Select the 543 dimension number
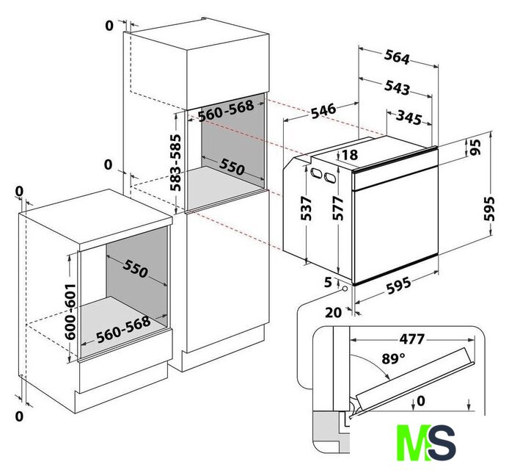click(397, 88)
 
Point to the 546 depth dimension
click(322, 111)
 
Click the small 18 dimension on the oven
click(349, 155)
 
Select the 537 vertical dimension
click(306, 209)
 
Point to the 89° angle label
click(392, 359)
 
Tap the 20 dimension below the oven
click(333, 312)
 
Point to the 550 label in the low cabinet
click(131, 270)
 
